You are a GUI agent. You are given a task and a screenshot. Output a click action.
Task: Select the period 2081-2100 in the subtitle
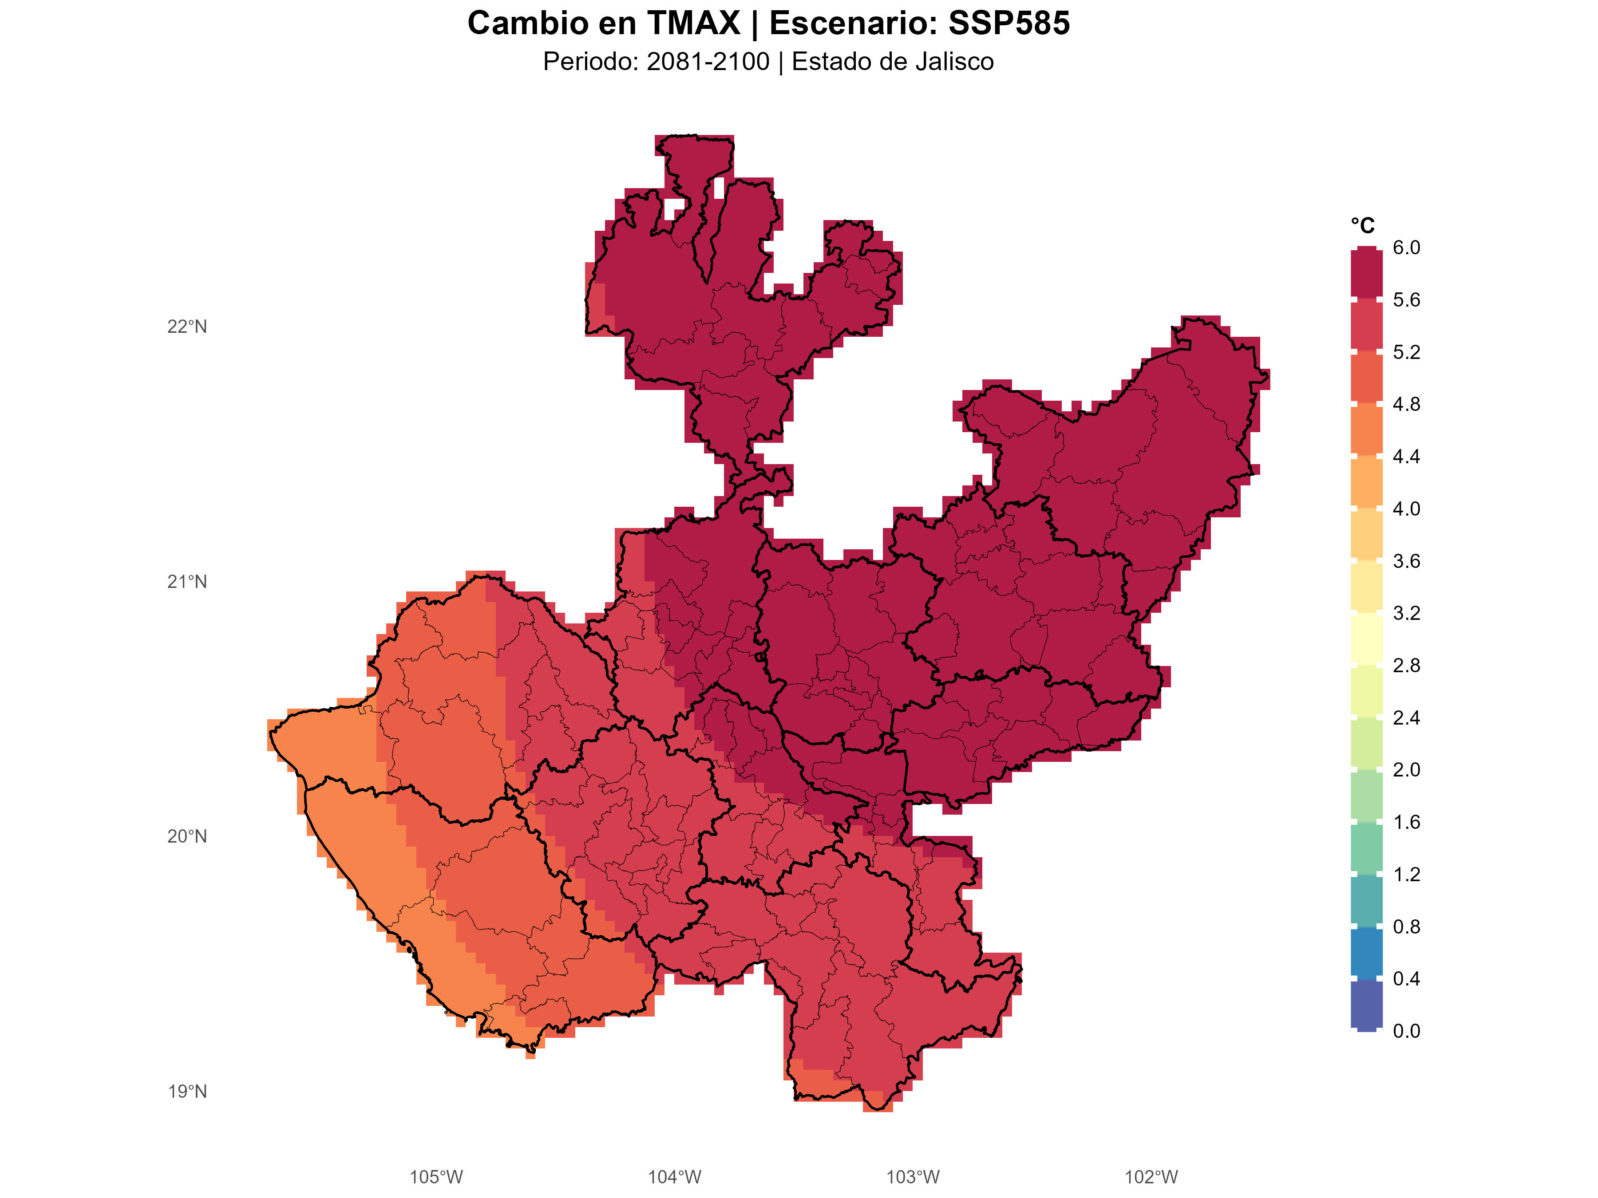pos(708,62)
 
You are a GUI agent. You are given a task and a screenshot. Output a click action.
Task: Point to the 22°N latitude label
pos(187,327)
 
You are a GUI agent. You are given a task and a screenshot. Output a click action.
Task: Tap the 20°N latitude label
pos(187,837)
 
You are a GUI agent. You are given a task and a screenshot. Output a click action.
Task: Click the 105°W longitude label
pos(435,1178)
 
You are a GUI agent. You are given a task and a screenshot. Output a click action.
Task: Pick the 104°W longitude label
pos(674,1178)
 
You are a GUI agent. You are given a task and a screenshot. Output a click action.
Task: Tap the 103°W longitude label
pos(913,1178)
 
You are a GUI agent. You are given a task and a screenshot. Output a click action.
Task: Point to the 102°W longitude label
pos(1151,1178)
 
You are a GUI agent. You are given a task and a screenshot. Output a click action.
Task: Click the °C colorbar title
pos(1362,226)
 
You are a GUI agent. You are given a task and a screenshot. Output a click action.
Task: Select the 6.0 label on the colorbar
pos(1406,248)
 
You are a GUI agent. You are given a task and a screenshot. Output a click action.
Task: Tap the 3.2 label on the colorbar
pos(1406,613)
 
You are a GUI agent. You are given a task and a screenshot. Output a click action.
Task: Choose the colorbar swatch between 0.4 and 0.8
pos(1366,953)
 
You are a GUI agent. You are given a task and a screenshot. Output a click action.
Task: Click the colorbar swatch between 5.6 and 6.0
pos(1366,274)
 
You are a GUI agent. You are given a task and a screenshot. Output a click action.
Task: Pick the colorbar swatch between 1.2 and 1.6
pos(1366,848)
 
